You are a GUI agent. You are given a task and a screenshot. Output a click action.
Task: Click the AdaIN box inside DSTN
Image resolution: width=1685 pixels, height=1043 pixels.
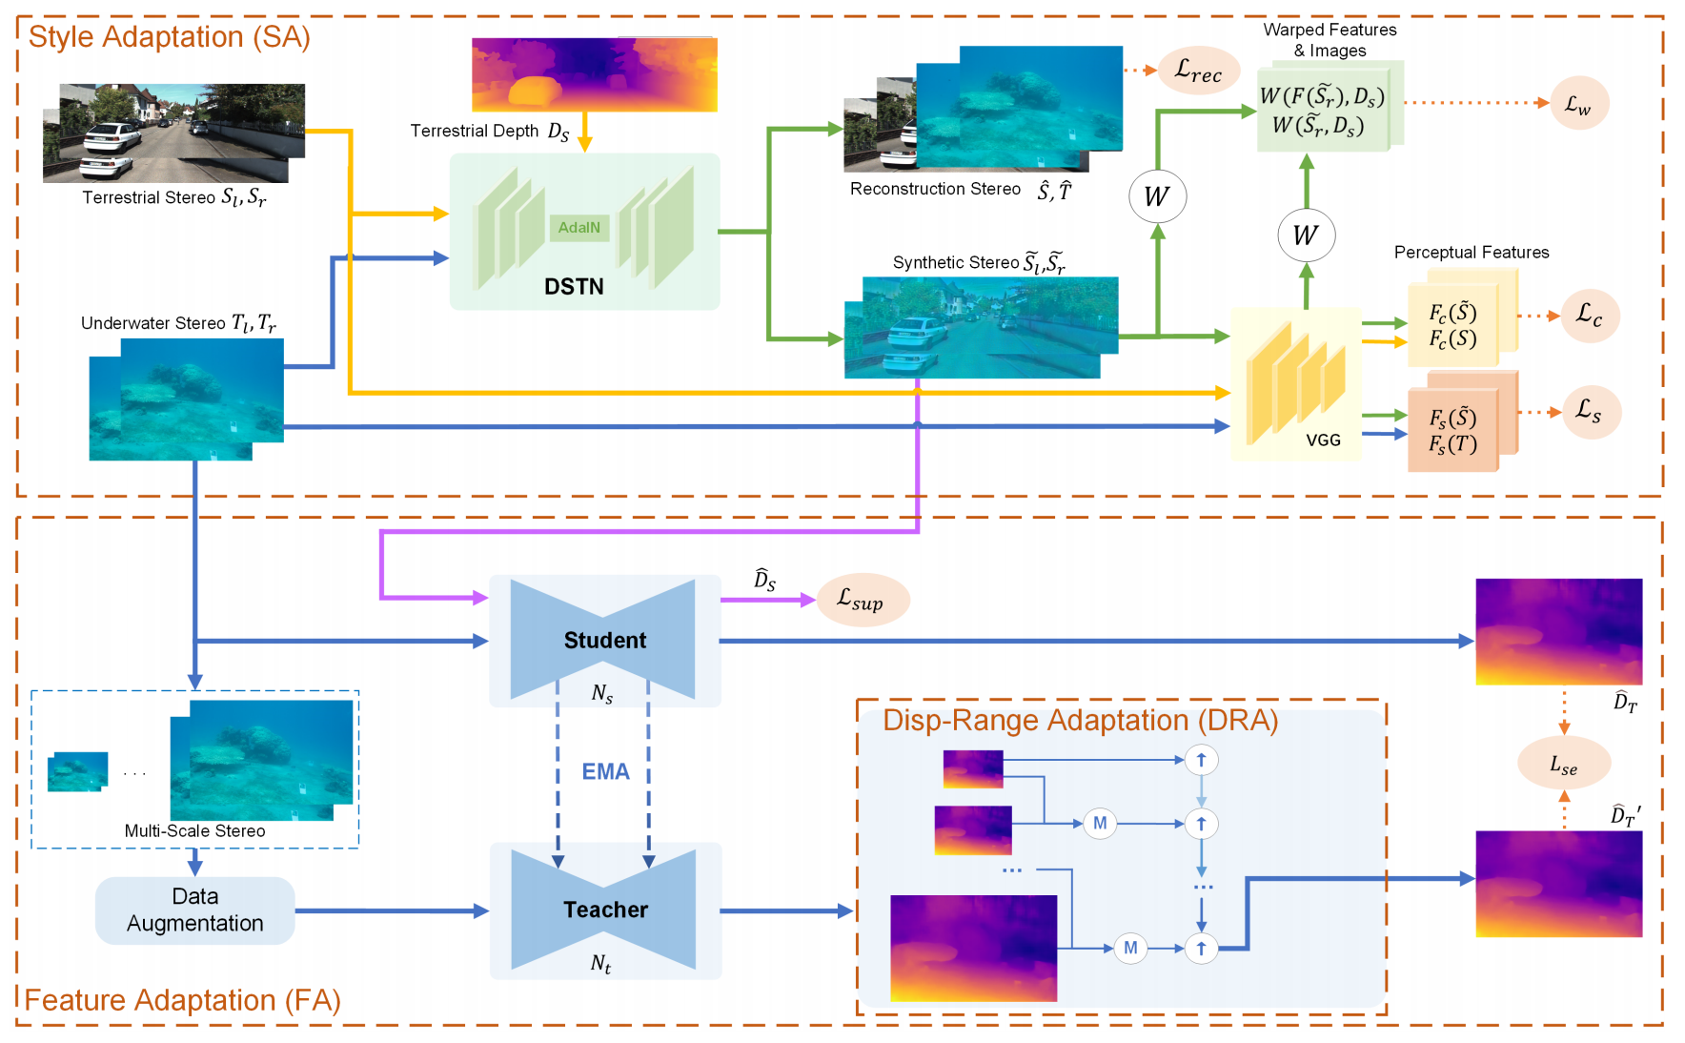[579, 228]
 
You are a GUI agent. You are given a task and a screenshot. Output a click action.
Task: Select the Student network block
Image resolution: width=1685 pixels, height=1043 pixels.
[604, 640]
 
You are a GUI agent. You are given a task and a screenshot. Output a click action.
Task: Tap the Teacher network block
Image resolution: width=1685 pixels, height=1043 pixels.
[604, 910]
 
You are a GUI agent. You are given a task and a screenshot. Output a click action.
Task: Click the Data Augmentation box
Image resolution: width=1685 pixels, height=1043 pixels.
[194, 910]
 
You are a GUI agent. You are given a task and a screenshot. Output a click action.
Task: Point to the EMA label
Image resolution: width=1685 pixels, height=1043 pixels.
[605, 771]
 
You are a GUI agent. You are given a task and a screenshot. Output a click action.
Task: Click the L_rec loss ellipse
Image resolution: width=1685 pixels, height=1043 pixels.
[1198, 71]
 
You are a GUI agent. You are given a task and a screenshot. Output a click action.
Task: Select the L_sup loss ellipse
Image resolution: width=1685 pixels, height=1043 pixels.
[862, 600]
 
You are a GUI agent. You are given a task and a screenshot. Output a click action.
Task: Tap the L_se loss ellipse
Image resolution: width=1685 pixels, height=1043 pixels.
[1563, 765]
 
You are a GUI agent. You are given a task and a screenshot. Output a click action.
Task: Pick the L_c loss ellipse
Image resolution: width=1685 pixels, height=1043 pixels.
[1589, 315]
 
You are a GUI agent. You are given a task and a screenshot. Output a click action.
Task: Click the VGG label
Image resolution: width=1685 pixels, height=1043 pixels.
[1323, 440]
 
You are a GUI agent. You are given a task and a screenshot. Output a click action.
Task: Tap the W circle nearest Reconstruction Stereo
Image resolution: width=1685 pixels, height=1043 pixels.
[1157, 196]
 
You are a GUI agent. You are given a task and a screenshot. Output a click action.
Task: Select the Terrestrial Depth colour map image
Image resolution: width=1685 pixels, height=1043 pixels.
[594, 74]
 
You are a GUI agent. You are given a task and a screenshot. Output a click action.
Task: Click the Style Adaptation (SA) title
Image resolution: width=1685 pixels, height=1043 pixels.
[169, 36]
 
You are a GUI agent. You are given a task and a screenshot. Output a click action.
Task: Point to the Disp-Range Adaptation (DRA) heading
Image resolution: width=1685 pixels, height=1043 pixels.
[1080, 720]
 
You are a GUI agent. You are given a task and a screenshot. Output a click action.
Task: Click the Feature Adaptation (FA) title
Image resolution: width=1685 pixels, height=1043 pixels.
[182, 1000]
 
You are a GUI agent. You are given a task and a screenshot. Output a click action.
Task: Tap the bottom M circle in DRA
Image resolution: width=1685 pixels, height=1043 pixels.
[1130, 948]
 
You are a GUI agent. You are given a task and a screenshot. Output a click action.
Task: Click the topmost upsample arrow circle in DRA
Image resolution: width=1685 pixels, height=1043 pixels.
[1201, 760]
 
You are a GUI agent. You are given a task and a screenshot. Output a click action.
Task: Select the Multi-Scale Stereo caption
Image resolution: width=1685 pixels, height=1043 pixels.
[194, 831]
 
